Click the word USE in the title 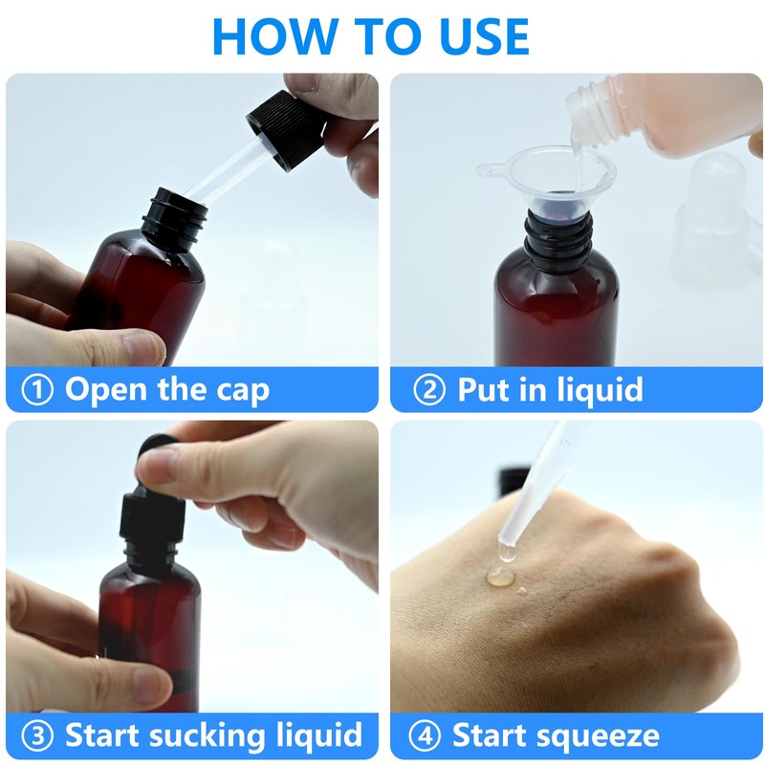coord(475,35)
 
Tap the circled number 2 coord(427,390)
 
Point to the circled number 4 coord(424,736)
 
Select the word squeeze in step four coord(597,736)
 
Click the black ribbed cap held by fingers coord(285,126)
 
